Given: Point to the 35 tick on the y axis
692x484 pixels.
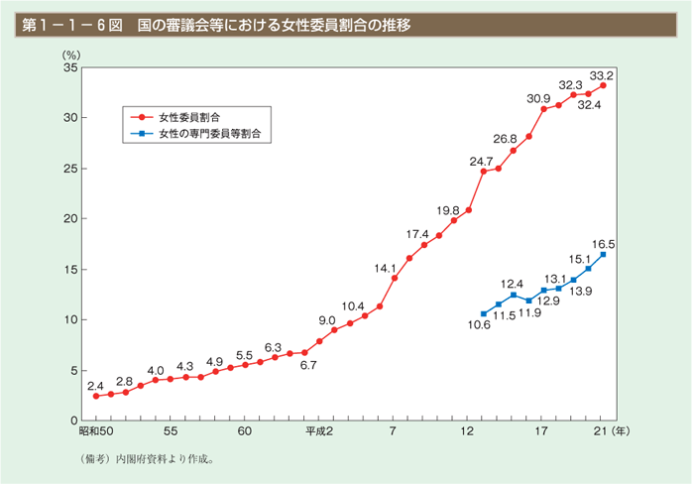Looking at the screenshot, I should pos(69,67).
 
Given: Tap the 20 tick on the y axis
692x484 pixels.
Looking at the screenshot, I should pos(69,218).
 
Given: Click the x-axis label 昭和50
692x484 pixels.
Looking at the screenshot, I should pos(96,433).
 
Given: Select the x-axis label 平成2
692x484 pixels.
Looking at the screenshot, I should pos(318,433).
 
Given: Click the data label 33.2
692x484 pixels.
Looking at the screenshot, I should pos(602,74).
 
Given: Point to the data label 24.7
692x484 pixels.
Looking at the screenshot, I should pos(482,160).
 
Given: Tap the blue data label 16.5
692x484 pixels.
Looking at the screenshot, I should pos(604,243).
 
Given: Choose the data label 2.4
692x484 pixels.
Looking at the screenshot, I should pos(95,385).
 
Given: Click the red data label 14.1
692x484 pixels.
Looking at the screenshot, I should pos(384,267).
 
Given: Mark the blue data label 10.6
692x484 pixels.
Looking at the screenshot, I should pos(481,325).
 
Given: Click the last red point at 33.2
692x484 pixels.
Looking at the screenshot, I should pos(604,85).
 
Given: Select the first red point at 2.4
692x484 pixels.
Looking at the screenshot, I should pos(96,396).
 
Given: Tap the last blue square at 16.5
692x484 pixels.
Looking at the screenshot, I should pos(604,254).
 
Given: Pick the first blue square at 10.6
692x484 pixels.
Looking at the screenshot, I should pos(484,313).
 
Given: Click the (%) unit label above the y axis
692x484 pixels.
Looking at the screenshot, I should pos(71,58).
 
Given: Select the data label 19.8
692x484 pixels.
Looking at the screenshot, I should pos(447,210).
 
